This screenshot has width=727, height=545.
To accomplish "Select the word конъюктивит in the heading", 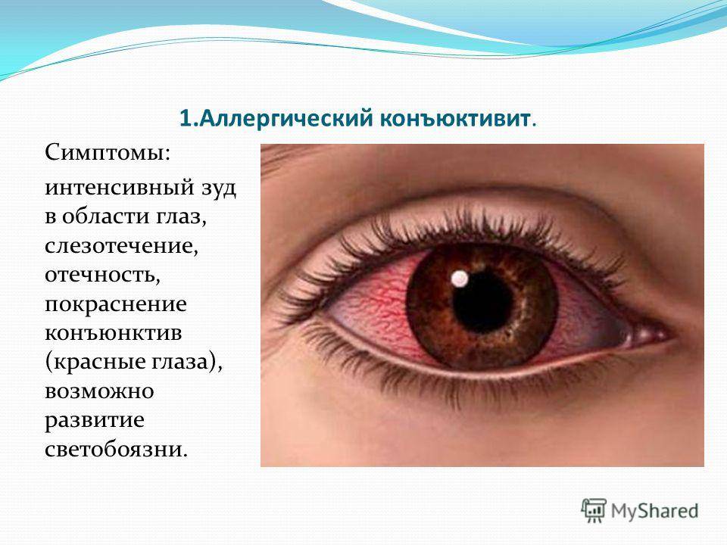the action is point(455,119).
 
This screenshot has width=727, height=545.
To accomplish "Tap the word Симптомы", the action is point(108,152).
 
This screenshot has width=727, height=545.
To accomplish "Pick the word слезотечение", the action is point(121,245).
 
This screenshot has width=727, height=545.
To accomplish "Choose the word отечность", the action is point(102,275).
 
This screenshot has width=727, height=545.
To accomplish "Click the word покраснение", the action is point(116,305).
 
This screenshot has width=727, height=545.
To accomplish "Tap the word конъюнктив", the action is point(114,333).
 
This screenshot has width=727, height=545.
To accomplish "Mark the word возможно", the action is point(99,391).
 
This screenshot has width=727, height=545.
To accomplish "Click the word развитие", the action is point(95,421).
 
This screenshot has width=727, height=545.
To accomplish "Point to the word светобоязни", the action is point(117,450).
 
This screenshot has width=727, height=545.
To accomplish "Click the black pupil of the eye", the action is point(482,302).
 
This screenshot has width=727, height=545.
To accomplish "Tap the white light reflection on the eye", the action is point(460,278).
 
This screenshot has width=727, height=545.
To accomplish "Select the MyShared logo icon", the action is point(594,510).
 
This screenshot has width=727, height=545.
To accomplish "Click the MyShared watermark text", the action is point(654,511).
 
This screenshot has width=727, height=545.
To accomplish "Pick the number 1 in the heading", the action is point(185,119).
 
